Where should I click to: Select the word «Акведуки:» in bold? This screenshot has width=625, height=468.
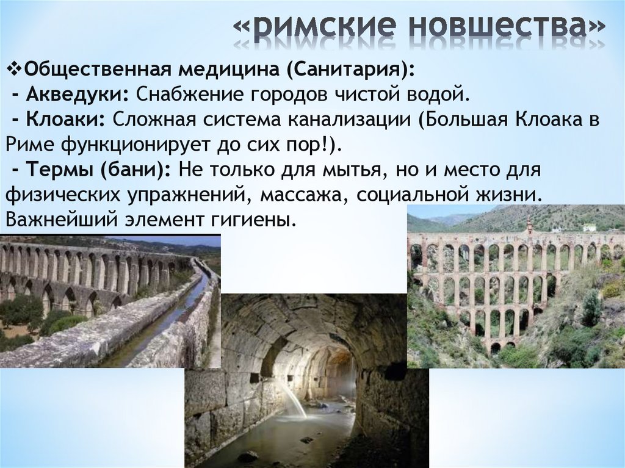pyautogui.click(x=76, y=95)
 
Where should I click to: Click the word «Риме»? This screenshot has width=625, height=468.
pyautogui.click(x=27, y=145)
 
